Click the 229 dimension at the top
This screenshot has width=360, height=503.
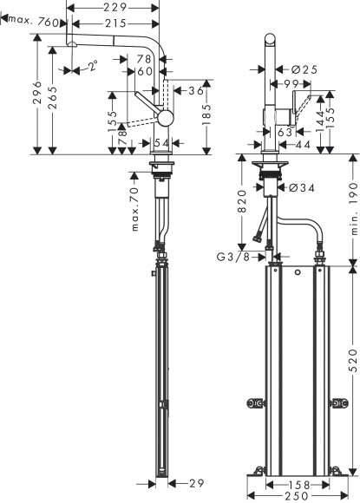114,7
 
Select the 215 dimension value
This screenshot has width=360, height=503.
114,23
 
